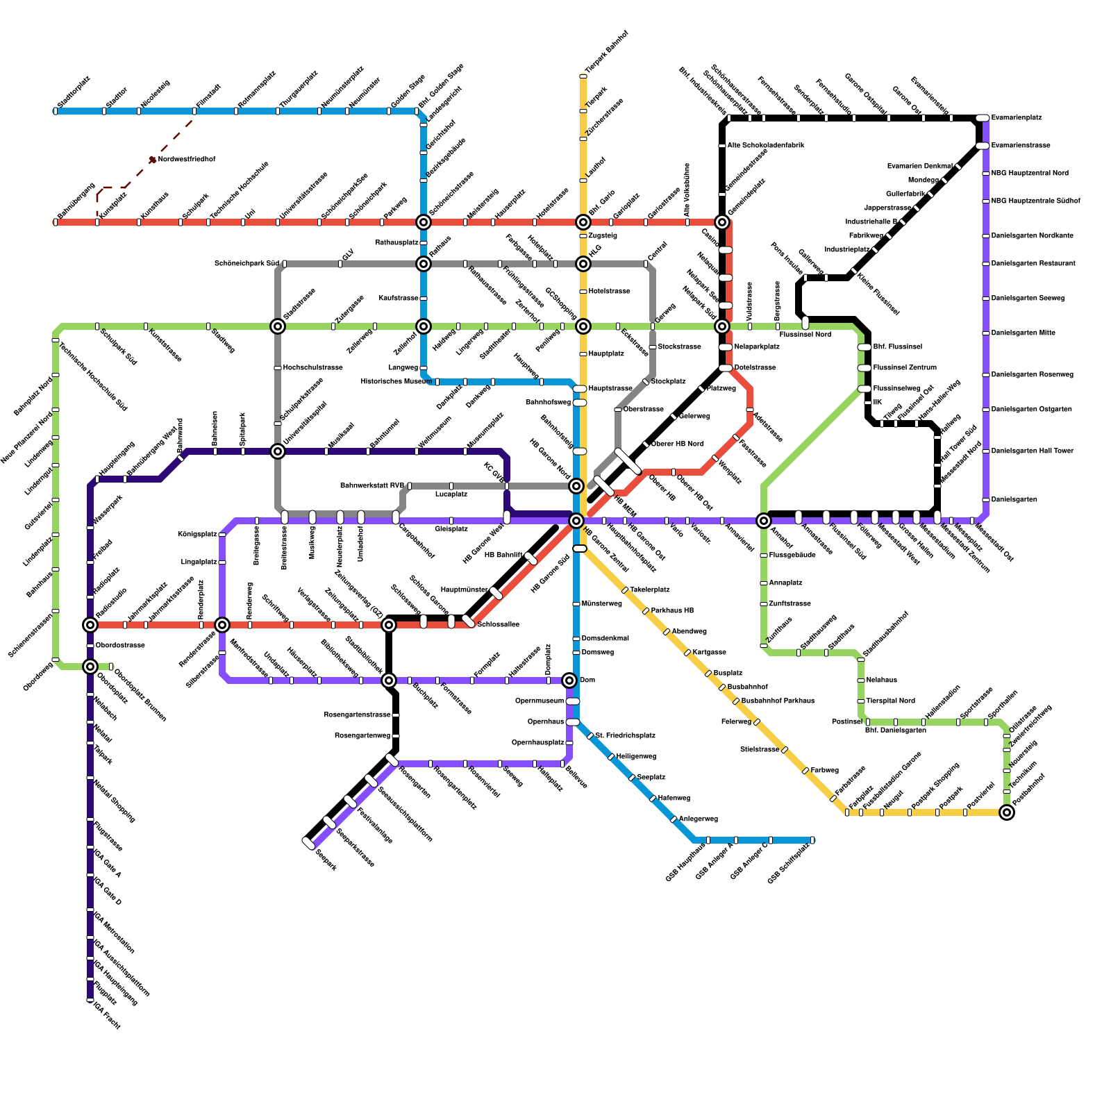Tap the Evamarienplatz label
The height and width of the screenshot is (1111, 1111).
[1017, 118]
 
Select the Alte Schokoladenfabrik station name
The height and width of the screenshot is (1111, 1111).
[766, 146]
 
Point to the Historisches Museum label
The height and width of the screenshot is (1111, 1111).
[396, 382]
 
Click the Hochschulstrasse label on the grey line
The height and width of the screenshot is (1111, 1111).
[312, 368]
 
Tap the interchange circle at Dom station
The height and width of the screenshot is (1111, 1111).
[569, 680]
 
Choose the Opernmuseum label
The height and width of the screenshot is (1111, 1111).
[540, 701]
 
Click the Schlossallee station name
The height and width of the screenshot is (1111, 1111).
[499, 625]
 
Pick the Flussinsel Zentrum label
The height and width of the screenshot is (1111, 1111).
[905, 368]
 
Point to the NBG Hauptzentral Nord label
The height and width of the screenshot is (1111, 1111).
[1030, 174]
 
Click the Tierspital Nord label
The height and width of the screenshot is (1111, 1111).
[891, 701]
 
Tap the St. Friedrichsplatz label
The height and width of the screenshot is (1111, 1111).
[626, 736]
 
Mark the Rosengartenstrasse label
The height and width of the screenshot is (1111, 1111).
[357, 715]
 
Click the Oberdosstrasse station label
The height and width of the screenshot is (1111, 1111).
[120, 646]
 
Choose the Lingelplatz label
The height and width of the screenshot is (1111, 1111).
[199, 562]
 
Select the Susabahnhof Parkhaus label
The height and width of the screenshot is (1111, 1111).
[778, 701]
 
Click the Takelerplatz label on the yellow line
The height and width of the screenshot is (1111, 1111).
[650, 590]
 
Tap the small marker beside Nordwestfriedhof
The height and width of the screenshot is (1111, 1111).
[153, 160]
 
